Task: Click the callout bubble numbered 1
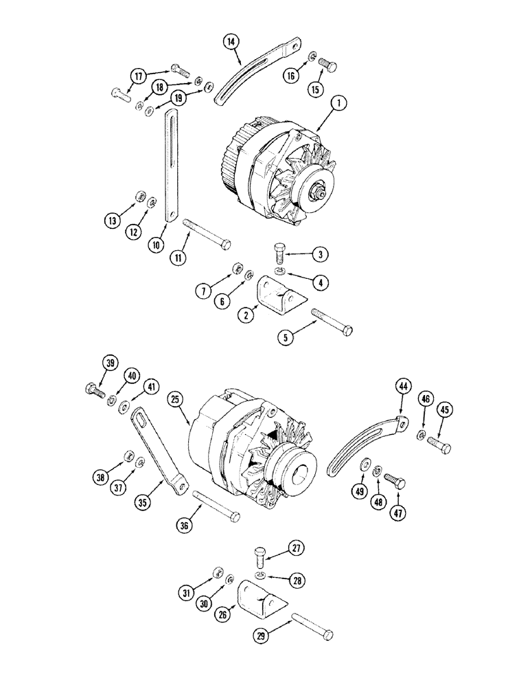coord(340,105)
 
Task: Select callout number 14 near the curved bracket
coord(233,42)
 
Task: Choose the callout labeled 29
coord(262,636)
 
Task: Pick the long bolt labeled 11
coord(207,233)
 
